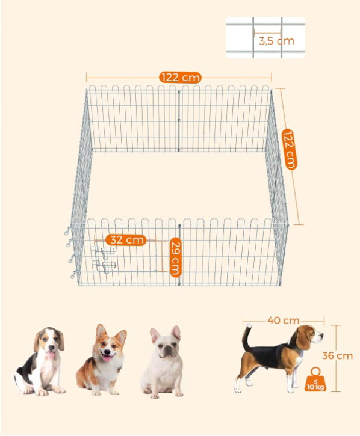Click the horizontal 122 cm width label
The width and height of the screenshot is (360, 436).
click(x=180, y=78)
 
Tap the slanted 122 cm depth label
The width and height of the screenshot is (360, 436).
click(x=290, y=149)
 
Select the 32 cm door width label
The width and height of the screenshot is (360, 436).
click(x=126, y=240)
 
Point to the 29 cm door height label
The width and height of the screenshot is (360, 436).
click(x=175, y=257)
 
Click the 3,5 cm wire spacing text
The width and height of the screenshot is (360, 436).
click(x=276, y=41)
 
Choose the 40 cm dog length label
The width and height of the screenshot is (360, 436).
click(x=283, y=321)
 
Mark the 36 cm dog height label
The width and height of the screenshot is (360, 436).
click(x=337, y=355)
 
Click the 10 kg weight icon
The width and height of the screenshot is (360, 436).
click(x=315, y=379)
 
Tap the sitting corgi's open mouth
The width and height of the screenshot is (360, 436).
click(x=107, y=358)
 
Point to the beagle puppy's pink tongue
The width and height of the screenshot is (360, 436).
click(x=51, y=355)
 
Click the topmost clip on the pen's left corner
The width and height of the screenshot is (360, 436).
click(x=67, y=230)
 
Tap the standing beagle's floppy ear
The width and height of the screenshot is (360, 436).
click(x=303, y=339)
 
